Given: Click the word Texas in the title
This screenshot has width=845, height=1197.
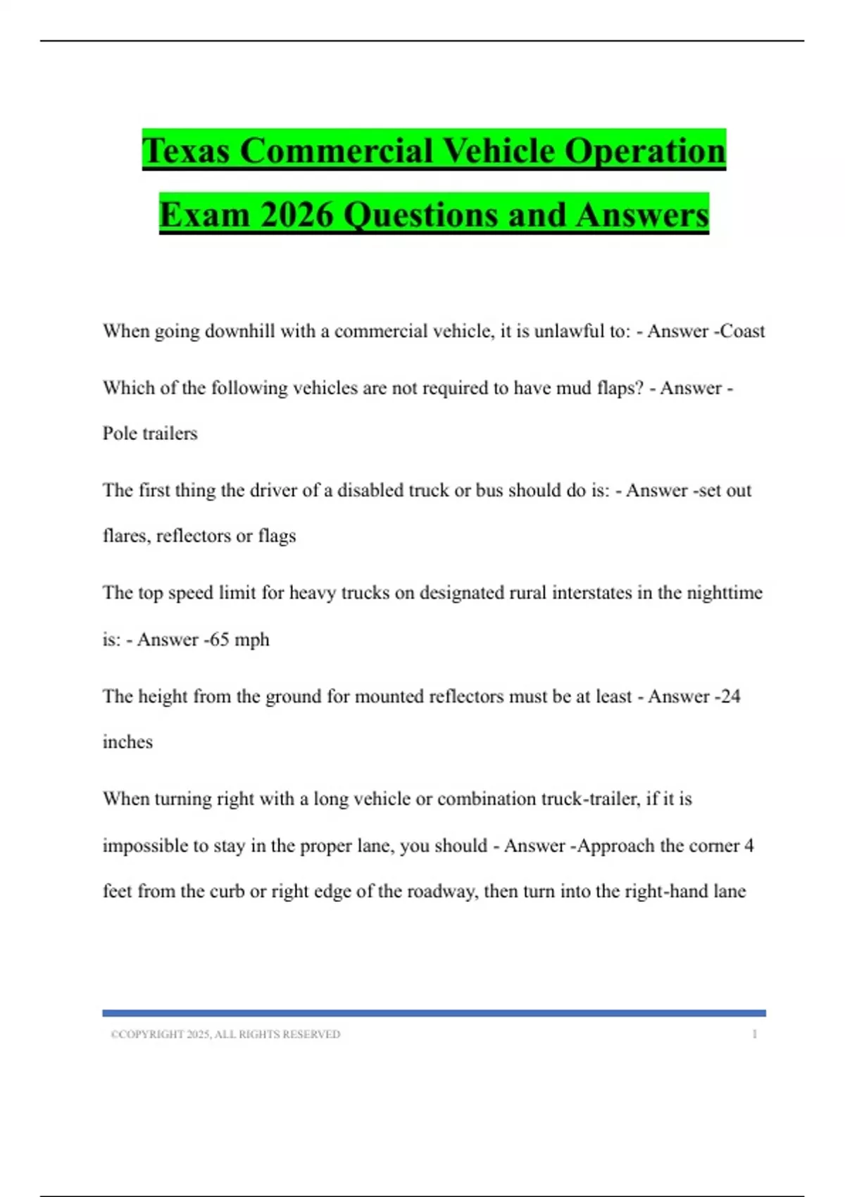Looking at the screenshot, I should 186,151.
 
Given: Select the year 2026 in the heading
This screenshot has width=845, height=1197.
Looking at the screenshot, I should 296,214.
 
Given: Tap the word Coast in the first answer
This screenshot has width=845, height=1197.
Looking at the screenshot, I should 742,331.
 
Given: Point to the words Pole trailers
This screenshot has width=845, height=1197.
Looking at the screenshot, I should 150,433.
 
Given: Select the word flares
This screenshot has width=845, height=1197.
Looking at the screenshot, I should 126,537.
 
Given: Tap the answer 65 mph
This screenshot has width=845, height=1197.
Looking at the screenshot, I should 239,639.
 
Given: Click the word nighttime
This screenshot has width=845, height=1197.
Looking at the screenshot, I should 724,593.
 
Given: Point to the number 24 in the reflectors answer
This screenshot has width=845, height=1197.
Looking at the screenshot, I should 730,696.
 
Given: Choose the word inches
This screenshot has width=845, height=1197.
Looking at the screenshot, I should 127,742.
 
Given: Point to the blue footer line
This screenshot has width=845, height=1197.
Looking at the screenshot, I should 434,1013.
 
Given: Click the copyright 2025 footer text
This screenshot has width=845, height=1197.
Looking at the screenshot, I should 225,1034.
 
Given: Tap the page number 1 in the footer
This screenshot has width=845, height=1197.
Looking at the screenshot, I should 754,1034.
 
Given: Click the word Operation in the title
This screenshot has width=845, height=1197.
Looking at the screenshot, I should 644,151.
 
